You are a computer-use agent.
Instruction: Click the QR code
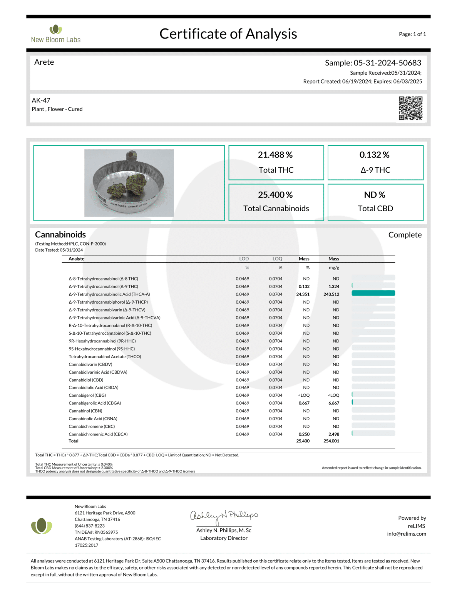coord(410,108)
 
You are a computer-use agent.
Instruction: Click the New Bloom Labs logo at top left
coord(56,34)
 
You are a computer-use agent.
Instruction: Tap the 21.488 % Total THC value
coord(275,155)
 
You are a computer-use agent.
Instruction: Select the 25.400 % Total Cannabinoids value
coord(275,195)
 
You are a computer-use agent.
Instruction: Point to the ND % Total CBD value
coord(375,195)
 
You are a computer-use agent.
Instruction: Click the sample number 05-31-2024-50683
coord(387,63)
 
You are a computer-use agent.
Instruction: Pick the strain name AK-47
coord(41,100)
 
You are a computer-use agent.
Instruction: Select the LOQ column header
coord(277,259)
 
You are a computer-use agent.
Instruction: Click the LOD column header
coord(244,259)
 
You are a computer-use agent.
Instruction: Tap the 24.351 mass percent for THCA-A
coord(303,294)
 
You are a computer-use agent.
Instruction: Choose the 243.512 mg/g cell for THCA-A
coord(331,294)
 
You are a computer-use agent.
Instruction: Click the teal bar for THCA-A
coord(373,294)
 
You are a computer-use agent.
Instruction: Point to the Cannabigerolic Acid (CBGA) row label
coord(95,403)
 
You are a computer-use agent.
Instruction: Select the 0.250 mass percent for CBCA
coord(304,434)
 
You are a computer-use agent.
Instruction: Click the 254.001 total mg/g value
coord(331,441)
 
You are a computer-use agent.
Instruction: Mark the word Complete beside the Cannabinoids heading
coord(405,235)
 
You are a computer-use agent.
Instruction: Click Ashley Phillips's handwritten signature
coord(224,516)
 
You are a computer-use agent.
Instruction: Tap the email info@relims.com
coord(407,534)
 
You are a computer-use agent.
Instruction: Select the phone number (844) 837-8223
coord(90,526)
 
